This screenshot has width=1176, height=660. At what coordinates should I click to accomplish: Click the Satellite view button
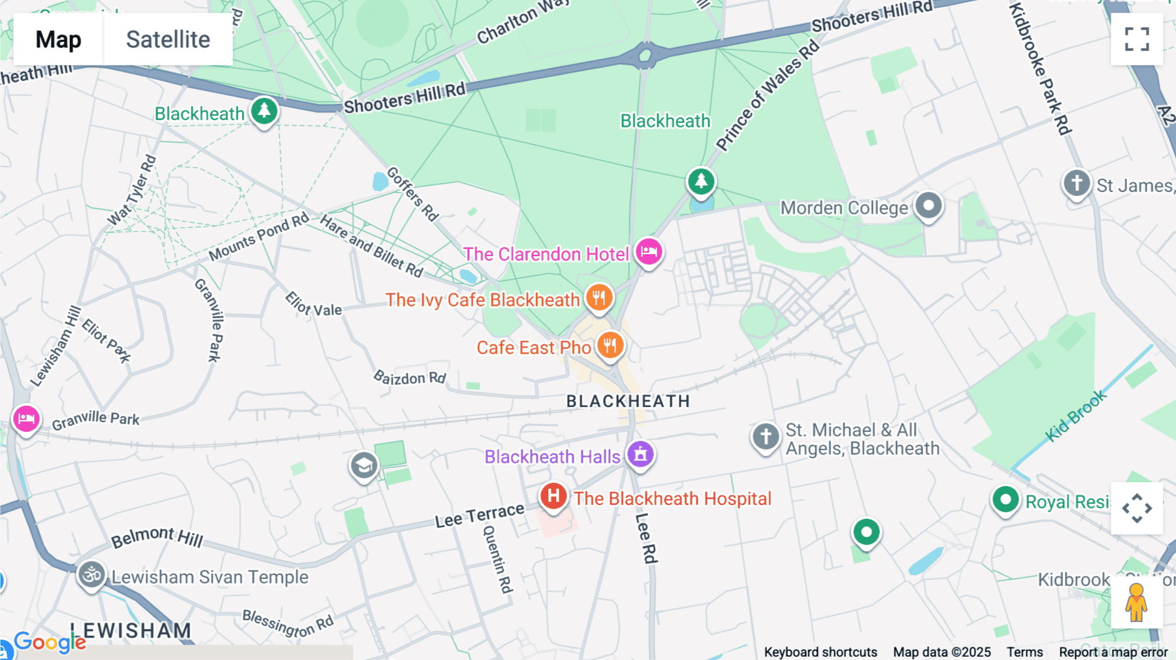pyautogui.click(x=168, y=39)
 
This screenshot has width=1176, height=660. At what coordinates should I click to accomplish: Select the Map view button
pyautogui.click(x=58, y=39)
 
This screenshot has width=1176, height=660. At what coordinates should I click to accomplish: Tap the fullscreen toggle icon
pyautogui.click(x=1137, y=39)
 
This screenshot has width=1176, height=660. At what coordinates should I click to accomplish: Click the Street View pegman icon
pyautogui.click(x=1136, y=602)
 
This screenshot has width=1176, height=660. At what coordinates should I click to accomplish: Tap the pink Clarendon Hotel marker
pyautogui.click(x=649, y=252)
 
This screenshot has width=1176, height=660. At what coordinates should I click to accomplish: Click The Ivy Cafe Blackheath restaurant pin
pyautogui.click(x=598, y=297)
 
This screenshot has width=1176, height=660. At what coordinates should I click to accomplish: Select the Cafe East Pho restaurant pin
pyautogui.click(x=610, y=345)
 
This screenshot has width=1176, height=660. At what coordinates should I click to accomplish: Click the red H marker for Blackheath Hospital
pyautogui.click(x=553, y=496)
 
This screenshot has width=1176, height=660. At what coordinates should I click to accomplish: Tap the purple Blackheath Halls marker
pyautogui.click(x=640, y=454)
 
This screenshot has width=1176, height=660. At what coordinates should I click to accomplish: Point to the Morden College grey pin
pyautogui.click(x=928, y=206)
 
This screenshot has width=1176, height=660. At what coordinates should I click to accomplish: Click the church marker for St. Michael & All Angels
pyautogui.click(x=766, y=437)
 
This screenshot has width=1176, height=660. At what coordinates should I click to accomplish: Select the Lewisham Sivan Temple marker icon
pyautogui.click(x=91, y=575)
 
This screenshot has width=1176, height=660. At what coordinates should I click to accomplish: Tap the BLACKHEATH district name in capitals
pyautogui.click(x=628, y=401)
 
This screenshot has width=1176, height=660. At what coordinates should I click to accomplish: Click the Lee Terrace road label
pyautogui.click(x=480, y=515)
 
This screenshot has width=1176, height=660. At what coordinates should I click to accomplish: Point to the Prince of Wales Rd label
pyautogui.click(x=767, y=95)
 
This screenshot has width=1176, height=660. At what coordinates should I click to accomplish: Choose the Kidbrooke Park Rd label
pyautogui.click(x=1040, y=69)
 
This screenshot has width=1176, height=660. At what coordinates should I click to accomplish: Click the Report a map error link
pyautogui.click(x=1113, y=652)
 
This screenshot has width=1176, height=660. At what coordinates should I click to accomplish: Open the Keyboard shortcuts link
pyautogui.click(x=821, y=652)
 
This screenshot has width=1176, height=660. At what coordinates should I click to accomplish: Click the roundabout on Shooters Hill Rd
pyautogui.click(x=645, y=56)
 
